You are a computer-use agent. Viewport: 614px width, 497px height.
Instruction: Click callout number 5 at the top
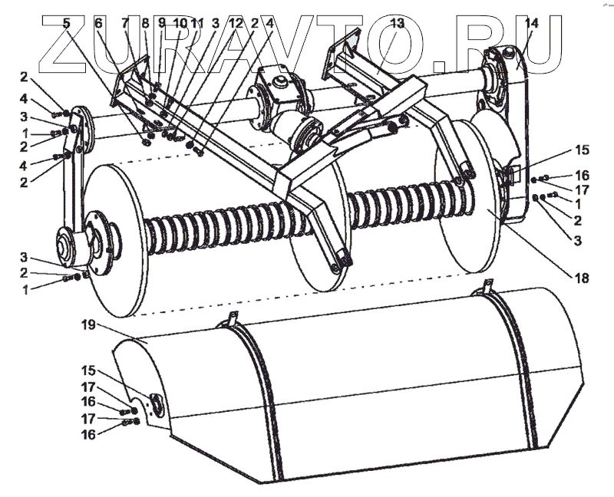coord(67,22)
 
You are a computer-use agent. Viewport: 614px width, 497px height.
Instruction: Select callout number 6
coord(98,23)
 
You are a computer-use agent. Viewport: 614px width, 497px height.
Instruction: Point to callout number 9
coord(162,23)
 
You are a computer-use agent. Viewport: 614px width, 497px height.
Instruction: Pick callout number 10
coord(180,23)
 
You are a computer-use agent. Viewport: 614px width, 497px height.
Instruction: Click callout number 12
coord(236,23)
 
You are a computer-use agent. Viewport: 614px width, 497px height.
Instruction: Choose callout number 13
coord(396,23)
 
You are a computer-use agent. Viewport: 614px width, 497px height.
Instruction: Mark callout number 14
coord(531,23)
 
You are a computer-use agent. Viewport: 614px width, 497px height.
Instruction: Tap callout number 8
coord(144,23)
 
